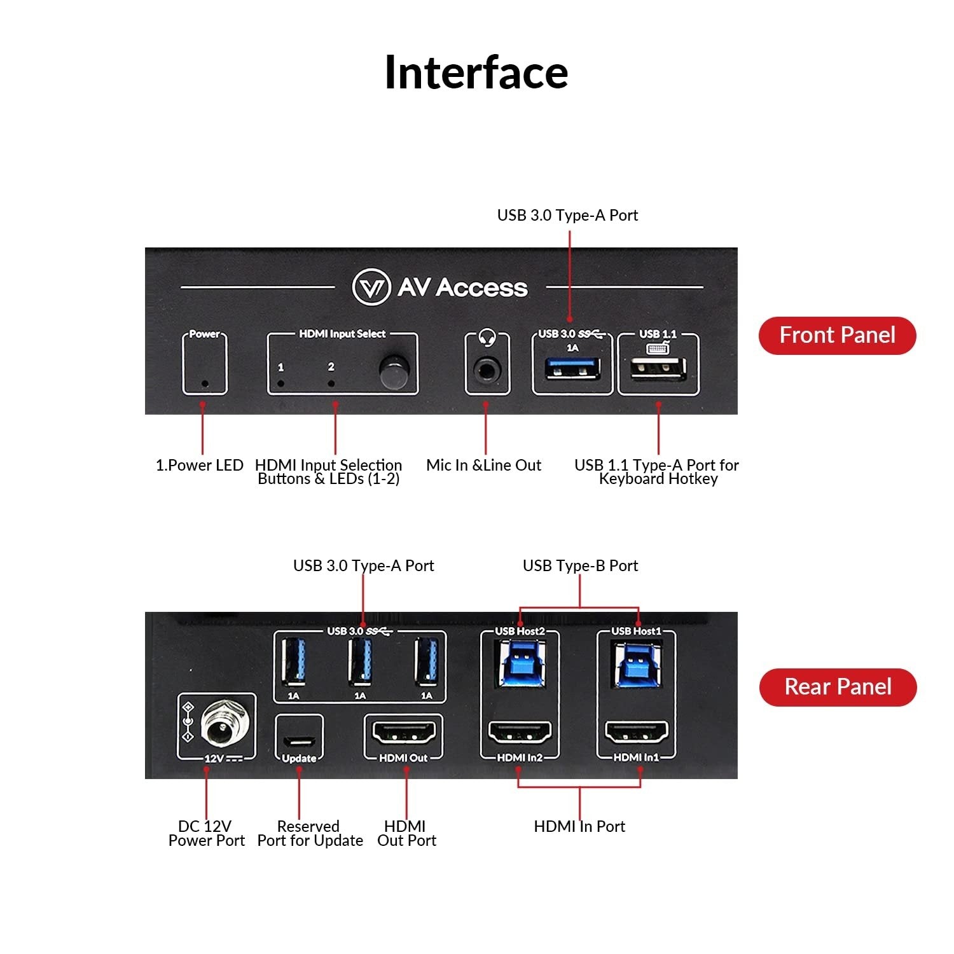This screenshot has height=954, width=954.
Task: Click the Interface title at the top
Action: tap(476, 73)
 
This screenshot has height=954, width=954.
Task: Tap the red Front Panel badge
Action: tap(837, 335)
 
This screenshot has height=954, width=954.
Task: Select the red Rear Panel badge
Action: tap(838, 687)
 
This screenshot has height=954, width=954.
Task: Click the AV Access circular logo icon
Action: tap(371, 287)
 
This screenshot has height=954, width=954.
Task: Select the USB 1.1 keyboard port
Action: tap(658, 370)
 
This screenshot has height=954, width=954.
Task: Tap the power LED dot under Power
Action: tap(205, 384)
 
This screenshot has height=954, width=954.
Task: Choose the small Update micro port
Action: tap(299, 741)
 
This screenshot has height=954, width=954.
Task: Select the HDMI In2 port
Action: tap(520, 733)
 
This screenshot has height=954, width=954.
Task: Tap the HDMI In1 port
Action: tap(636, 733)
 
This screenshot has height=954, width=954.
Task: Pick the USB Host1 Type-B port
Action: tap(636, 664)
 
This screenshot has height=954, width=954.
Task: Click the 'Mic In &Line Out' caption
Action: tap(483, 465)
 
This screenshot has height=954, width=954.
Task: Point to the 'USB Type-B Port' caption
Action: tap(580, 565)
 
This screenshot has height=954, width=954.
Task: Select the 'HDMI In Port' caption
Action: tap(579, 826)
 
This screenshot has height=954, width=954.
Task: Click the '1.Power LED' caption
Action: tap(200, 465)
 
